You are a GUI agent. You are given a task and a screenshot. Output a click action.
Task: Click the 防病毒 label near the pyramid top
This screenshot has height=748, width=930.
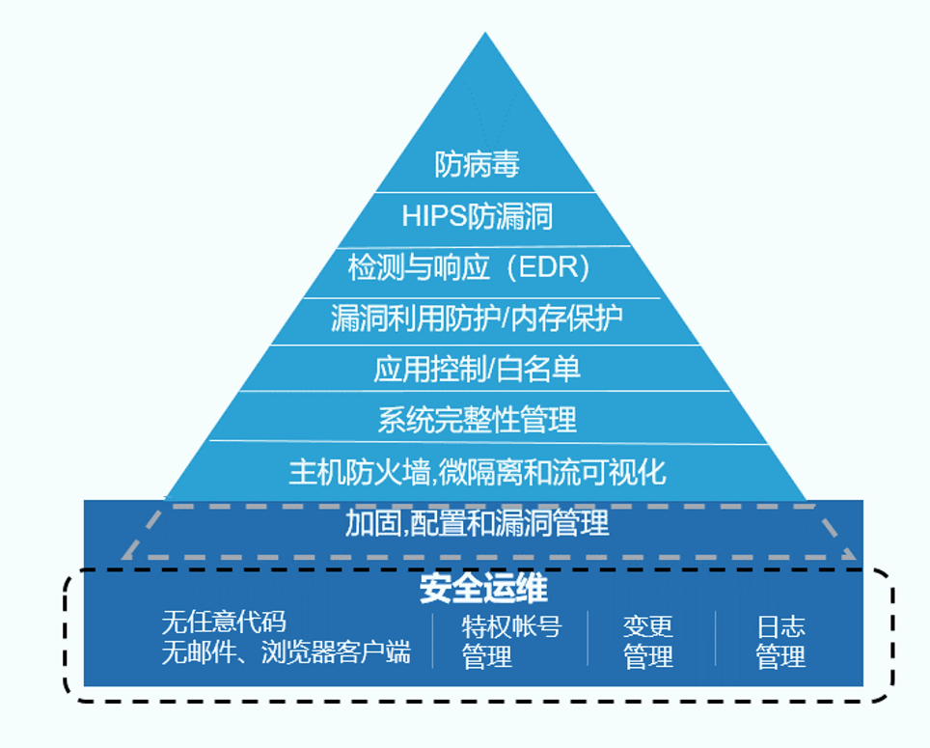click(477, 164)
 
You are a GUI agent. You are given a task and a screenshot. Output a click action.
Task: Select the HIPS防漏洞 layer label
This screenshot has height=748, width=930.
click(477, 215)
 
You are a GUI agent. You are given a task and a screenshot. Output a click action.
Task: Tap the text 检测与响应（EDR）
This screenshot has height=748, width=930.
click(469, 266)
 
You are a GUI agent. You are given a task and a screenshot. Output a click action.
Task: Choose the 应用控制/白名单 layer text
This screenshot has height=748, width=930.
click(477, 368)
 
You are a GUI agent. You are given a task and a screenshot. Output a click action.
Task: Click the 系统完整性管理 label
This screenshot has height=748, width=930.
click(477, 419)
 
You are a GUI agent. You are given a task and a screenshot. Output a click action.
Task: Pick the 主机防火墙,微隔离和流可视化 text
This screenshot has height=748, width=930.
click(477, 472)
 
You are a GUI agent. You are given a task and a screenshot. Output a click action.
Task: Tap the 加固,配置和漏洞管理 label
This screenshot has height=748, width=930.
click(477, 524)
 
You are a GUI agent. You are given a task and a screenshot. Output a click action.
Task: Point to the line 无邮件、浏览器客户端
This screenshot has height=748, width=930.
click(286, 652)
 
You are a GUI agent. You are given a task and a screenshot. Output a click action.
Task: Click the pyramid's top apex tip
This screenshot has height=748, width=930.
click(484, 35)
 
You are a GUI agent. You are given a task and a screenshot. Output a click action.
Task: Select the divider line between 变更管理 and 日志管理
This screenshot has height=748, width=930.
click(716, 639)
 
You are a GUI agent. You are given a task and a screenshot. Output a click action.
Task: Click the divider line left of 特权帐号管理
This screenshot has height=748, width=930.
click(432, 639)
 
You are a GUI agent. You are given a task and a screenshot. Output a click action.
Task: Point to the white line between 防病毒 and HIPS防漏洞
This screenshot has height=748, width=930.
click(484, 191)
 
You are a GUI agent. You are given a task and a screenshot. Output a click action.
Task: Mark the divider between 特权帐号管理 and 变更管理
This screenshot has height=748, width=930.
click(588, 639)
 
